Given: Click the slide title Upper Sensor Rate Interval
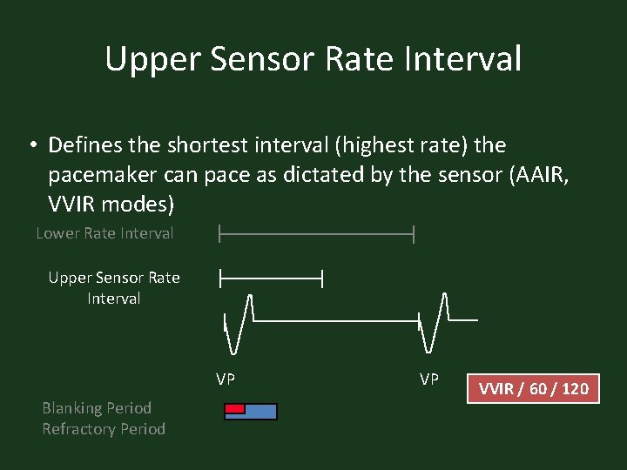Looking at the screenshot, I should coord(313,59).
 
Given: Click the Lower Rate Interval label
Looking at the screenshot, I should coord(104,233).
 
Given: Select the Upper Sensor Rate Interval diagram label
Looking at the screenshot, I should coord(114,288).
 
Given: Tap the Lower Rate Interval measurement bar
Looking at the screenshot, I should coord(316,233).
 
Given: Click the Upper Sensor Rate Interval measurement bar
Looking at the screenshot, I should coord(271,279).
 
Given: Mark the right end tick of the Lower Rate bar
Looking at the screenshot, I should coord(414,233).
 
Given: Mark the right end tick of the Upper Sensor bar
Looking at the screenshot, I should coord(322,279).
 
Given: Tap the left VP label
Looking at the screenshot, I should coord(226,379).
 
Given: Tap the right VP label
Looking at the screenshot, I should coord(429,379).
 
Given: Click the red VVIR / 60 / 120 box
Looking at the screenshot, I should coord(533,388).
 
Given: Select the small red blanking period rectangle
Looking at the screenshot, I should coord(234,408).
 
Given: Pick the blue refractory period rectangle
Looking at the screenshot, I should coord(260,412).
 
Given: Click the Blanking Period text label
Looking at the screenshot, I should coord(97,408).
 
